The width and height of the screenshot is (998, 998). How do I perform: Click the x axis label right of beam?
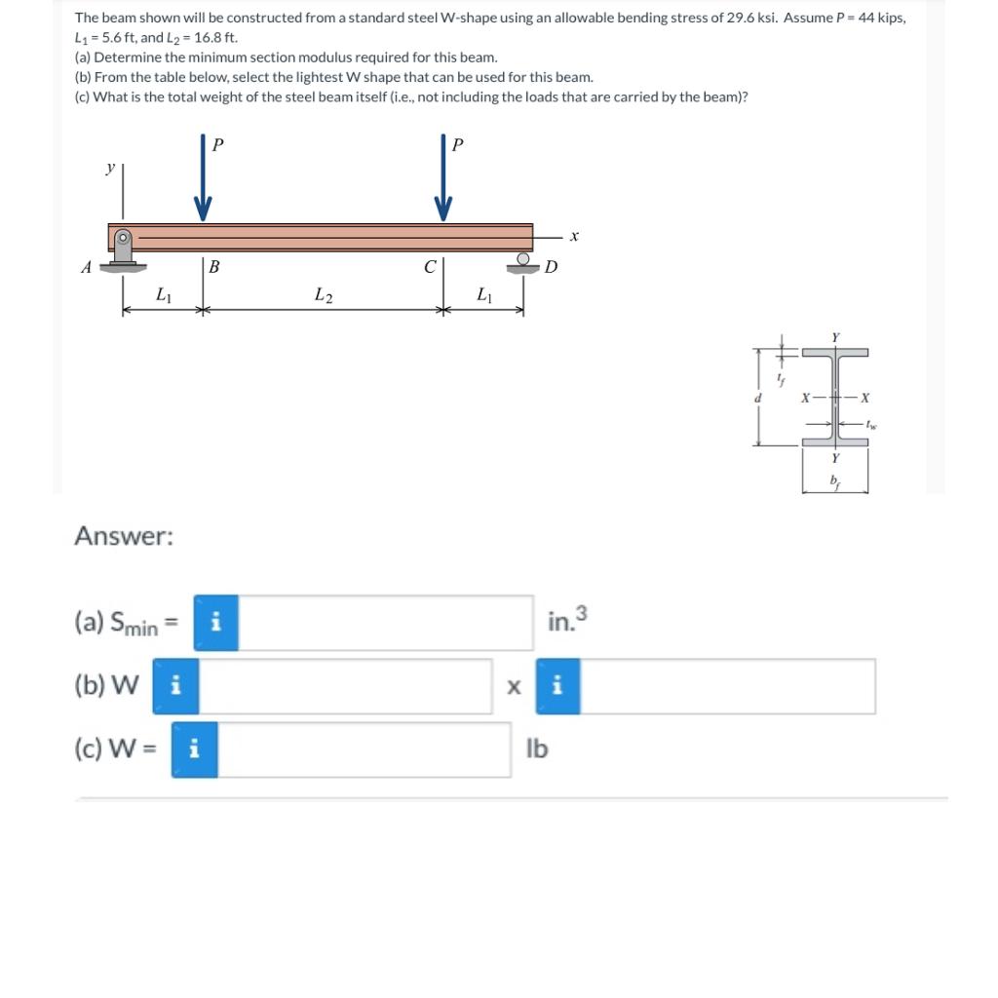pos(575,235)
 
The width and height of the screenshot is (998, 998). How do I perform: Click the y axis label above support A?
pos(110,169)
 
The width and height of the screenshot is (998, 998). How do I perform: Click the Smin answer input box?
pos(385,623)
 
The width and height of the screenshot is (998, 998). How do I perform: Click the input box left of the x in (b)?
pos(346,686)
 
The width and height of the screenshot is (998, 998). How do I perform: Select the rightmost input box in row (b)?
pos(727,686)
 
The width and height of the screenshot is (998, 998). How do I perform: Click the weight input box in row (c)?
pos(364,749)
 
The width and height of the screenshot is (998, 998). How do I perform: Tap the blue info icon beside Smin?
pos(215,623)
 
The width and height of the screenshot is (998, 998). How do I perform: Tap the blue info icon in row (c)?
pos(194,749)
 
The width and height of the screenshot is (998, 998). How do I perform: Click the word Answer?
pos(124,536)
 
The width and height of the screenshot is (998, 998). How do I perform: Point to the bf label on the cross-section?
pos(834,480)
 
